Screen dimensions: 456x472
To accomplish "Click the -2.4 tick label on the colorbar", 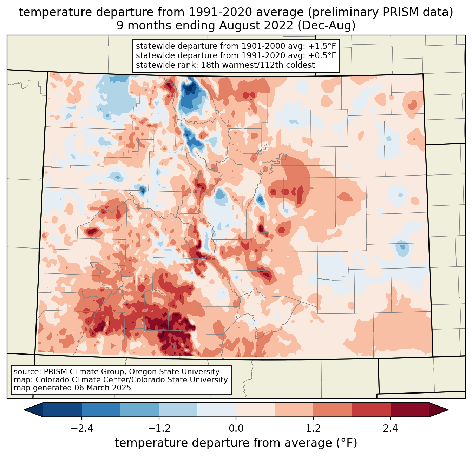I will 81,429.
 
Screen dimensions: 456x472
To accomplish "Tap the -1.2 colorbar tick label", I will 159,429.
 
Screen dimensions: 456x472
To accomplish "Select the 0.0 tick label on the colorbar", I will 236,429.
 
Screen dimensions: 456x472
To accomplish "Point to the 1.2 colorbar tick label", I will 313,429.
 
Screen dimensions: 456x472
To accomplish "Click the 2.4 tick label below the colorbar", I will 391,429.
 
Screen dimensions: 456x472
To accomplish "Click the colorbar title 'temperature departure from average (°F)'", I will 236,443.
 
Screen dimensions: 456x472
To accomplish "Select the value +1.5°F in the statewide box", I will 322,46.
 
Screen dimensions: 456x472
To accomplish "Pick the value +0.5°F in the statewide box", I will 322,55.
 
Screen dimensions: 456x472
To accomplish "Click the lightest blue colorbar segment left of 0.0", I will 217,410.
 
